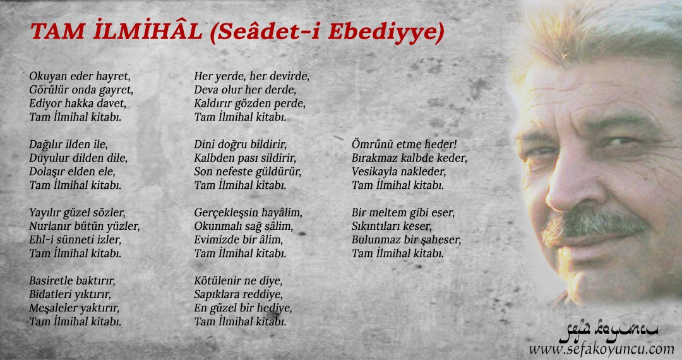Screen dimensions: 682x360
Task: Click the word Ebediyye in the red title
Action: (383, 33)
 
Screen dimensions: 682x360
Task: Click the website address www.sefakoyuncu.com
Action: (602, 349)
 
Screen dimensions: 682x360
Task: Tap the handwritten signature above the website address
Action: (608, 332)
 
